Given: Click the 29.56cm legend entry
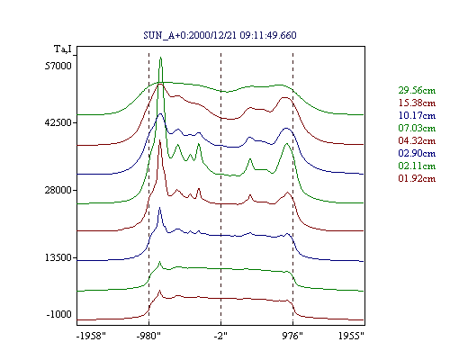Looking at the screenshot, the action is click(x=417, y=90).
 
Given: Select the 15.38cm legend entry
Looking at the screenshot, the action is click(x=417, y=103).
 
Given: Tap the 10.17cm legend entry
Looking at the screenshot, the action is click(x=417, y=115).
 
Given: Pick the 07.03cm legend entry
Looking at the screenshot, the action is click(x=417, y=128).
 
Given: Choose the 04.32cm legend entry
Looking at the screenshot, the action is click(x=417, y=140).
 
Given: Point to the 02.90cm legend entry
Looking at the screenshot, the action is click(x=417, y=153).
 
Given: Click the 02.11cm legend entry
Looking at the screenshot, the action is click(x=417, y=166).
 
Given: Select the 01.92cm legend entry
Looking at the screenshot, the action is click(x=417, y=178).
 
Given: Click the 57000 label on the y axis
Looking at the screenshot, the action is click(x=58, y=66).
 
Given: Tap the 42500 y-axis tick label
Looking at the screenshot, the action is click(x=58, y=122).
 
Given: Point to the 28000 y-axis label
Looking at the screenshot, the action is click(x=58, y=190).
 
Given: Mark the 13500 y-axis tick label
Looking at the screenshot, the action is click(x=58, y=257).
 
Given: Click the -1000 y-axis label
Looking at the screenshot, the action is click(x=58, y=314).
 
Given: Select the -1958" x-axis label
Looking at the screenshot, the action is click(x=91, y=336).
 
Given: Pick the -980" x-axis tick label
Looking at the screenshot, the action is click(x=148, y=336).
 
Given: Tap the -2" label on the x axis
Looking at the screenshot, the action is click(x=220, y=336).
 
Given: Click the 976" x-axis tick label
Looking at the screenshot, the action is click(x=292, y=336).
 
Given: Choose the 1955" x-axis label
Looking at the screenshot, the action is click(x=351, y=336).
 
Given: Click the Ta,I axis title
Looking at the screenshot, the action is click(x=63, y=49).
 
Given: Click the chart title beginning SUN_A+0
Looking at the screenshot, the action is click(x=220, y=35).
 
